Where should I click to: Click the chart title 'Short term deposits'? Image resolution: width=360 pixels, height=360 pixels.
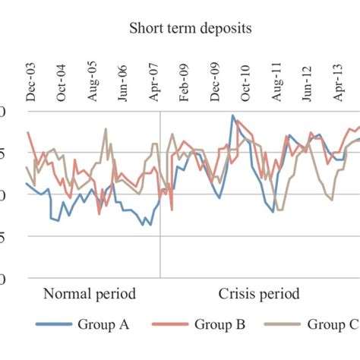(x=191, y=28)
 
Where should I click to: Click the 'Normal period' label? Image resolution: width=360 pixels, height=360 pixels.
(x=89, y=294)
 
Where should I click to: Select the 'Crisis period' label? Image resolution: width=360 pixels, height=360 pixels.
(x=259, y=294)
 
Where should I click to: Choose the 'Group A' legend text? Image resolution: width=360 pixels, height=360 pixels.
(x=103, y=325)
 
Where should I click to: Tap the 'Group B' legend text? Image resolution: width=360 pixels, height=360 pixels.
(x=219, y=325)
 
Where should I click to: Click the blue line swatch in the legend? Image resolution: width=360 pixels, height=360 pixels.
(x=53, y=326)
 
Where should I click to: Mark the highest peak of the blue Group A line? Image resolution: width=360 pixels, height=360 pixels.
(x=232, y=115)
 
